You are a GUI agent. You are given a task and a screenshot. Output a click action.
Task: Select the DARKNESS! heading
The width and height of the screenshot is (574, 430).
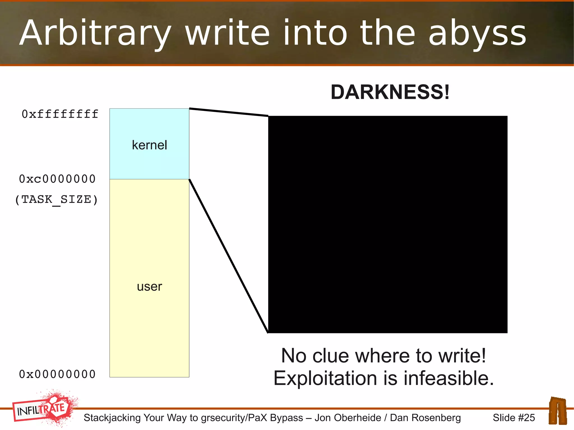pos(390,92)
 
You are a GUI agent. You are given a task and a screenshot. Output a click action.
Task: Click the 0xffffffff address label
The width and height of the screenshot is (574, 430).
pos(60,114)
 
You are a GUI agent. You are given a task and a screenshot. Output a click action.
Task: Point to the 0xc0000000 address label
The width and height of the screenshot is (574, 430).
pos(57,179)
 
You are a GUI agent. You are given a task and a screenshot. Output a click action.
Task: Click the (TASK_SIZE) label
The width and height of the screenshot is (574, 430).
pos(56,200)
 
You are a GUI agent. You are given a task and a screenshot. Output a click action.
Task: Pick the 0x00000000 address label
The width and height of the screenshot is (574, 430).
pos(57,374)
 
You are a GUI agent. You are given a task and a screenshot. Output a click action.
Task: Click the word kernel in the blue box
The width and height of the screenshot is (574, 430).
pos(149,145)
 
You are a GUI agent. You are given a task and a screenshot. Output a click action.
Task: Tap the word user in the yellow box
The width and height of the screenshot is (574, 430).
pos(149,287)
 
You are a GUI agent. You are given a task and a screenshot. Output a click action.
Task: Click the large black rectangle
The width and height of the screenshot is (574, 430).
pos(388,224)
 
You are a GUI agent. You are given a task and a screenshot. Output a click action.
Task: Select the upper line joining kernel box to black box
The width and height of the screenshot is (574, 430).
pos(228,112)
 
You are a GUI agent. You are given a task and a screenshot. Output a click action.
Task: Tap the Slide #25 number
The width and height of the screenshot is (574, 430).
pos(514,418)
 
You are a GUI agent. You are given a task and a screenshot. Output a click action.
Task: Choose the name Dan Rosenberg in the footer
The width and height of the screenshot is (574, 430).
pos(425,418)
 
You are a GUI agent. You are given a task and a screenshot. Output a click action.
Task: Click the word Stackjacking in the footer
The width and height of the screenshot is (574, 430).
pos(112,418)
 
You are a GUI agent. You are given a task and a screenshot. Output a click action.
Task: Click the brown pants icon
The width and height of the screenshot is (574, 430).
pos(558,411)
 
